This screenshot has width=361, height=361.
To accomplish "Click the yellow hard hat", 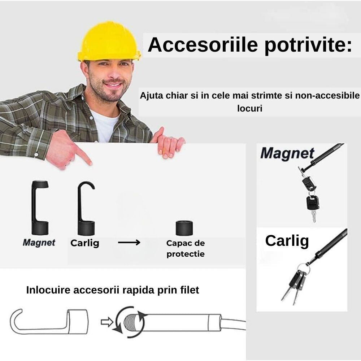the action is (x=109, y=42).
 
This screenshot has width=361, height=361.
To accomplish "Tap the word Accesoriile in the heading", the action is (x=203, y=44).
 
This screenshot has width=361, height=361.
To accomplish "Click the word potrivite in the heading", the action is (x=308, y=45).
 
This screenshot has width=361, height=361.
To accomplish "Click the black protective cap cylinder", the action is (x=184, y=228).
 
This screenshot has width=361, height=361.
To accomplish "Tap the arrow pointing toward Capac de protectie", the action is (x=129, y=242).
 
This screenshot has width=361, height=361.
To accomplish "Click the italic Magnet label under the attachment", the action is (x=39, y=243).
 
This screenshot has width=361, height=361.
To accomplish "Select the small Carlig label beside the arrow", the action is (x=85, y=243).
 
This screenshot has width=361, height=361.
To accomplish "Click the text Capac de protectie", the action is (x=186, y=248).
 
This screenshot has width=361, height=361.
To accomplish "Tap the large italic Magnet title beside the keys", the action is (x=287, y=153).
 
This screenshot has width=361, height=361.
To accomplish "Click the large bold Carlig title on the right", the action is (x=287, y=241).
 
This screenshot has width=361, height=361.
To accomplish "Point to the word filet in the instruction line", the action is (x=190, y=290).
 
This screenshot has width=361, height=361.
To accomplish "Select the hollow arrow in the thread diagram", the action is (x=107, y=322).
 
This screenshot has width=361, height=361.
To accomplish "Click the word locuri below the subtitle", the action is (x=250, y=108).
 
